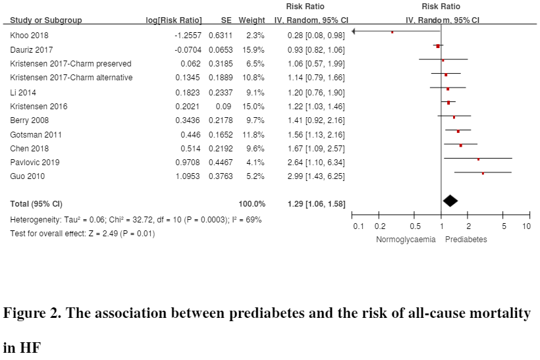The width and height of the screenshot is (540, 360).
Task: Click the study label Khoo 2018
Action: click(x=29, y=35)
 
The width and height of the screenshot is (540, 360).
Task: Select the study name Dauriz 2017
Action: click(x=31, y=49)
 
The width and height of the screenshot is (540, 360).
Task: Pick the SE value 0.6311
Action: click(x=221, y=35)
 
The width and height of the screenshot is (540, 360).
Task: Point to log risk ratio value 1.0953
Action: click(x=186, y=176)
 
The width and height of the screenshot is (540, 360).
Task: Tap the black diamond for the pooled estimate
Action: click(x=450, y=201)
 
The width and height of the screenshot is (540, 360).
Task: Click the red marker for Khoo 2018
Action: click(x=392, y=32)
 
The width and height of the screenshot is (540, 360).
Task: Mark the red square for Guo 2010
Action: click(x=483, y=173)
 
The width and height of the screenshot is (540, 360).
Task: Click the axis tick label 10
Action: click(x=526, y=226)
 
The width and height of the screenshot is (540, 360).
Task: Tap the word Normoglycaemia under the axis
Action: click(x=406, y=240)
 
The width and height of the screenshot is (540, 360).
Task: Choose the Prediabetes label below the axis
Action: click(x=466, y=240)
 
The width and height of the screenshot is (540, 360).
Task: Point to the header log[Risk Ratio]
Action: click(x=174, y=20)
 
